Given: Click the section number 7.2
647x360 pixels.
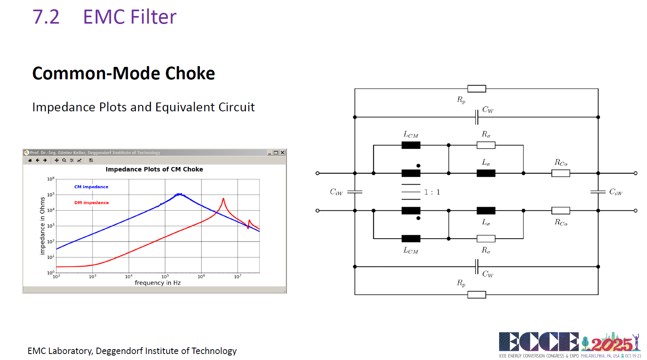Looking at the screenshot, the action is (x=46, y=17).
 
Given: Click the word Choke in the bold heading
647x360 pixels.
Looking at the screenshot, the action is (x=190, y=73).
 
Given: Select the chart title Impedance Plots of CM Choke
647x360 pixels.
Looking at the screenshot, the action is (x=154, y=169).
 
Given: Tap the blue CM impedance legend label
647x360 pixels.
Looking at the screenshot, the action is (x=91, y=187).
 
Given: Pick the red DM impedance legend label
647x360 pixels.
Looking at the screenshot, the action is (x=92, y=203).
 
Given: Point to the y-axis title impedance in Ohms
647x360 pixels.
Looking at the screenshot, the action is (x=42, y=226).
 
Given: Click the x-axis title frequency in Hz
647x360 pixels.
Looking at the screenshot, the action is (x=158, y=283).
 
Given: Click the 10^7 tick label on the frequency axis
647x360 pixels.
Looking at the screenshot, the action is (x=238, y=277).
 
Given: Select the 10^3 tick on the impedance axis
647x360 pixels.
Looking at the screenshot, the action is (x=51, y=226).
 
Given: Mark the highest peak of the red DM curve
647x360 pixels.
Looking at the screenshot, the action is (x=223, y=198).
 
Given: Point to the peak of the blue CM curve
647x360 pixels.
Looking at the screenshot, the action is (x=179, y=194).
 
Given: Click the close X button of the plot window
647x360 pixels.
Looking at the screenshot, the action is (x=282, y=153).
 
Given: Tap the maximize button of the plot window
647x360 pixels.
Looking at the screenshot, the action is (x=276, y=153).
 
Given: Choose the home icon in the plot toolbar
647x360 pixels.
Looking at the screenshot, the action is (x=30, y=160).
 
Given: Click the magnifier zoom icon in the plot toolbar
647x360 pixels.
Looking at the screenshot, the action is (x=64, y=160).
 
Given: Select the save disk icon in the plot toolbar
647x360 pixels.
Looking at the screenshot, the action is (x=91, y=160).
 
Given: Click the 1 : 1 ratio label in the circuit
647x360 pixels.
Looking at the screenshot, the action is (x=432, y=192).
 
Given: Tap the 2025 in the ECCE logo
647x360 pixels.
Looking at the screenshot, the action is (x=611, y=344).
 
